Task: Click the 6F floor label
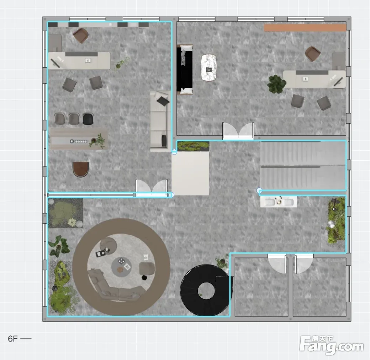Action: click(x=13, y=339)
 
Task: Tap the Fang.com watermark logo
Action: click(x=332, y=345)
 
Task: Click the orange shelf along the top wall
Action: click(x=305, y=28)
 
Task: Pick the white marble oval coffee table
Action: click(x=208, y=68)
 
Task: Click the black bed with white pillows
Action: click(x=185, y=69)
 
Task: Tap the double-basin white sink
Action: click(x=279, y=202)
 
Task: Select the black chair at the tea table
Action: click(x=88, y=119)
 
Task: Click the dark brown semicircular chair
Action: click(x=81, y=169)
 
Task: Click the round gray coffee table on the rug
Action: click(x=121, y=267)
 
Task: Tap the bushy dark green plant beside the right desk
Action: click(x=276, y=84)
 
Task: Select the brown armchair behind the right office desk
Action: click(x=313, y=54)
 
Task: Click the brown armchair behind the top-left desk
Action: click(x=81, y=36)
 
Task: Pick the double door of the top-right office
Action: click(x=238, y=131)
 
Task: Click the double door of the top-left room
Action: click(x=152, y=188)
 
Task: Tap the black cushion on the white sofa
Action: click(x=163, y=101)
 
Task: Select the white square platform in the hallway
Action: click(x=190, y=173)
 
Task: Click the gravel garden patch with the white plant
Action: click(x=65, y=213)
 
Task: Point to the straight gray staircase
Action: click(x=303, y=166)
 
